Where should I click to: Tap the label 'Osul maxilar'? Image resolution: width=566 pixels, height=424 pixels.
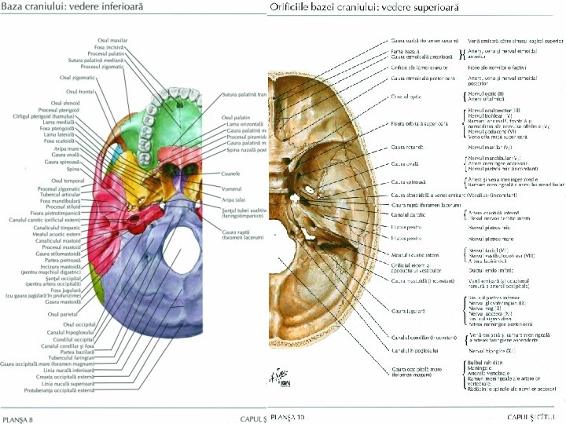coord(112,39)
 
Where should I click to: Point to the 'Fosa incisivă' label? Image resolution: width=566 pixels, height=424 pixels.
coord(113,46)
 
